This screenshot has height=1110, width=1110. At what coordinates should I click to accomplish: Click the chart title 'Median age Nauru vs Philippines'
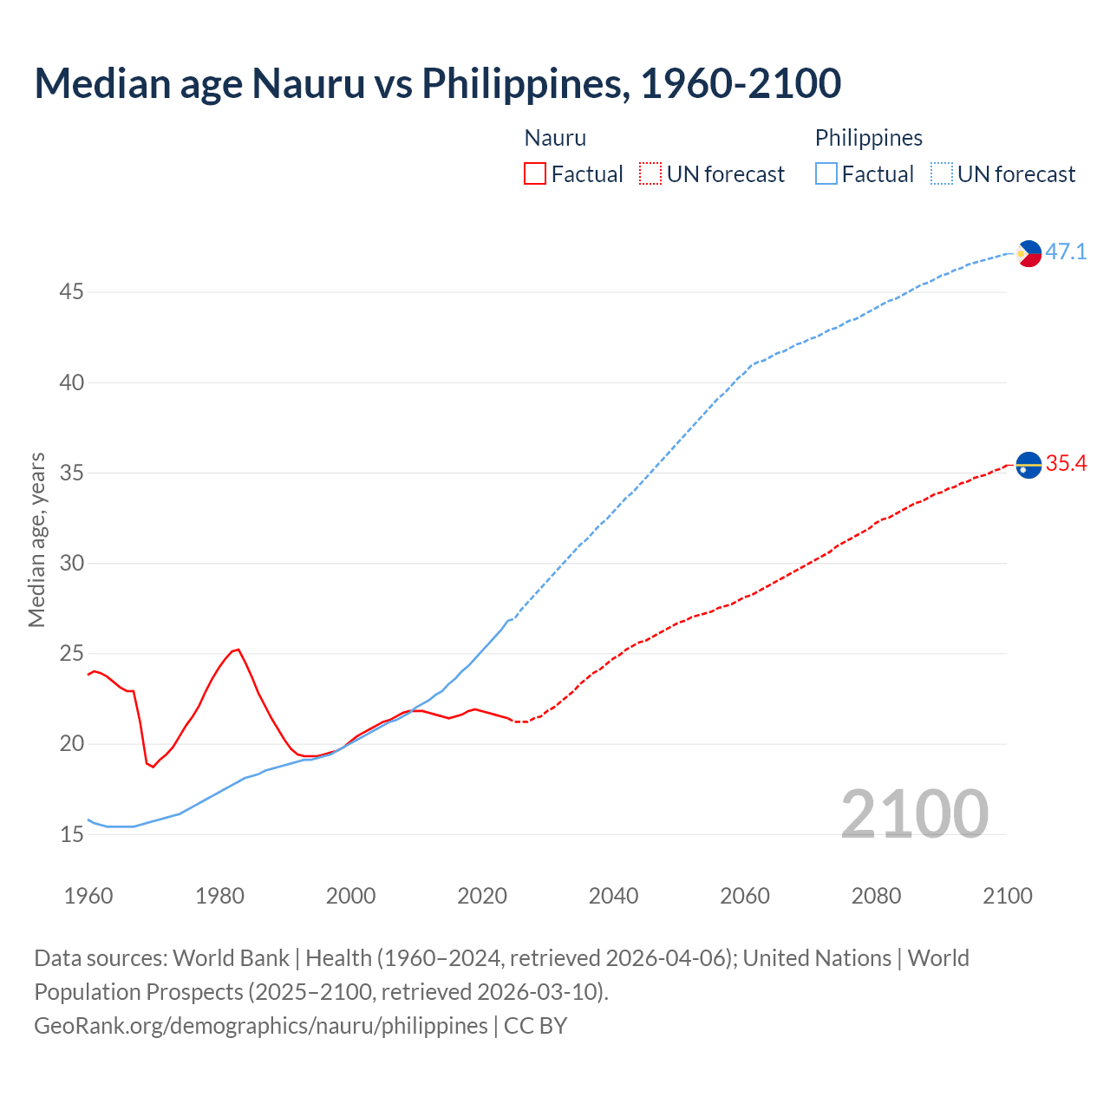[437, 83]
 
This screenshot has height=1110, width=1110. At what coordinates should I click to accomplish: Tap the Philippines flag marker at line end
[1028, 253]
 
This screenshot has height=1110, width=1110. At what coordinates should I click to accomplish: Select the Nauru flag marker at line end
[1028, 465]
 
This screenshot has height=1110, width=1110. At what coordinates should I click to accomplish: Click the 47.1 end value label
[1066, 252]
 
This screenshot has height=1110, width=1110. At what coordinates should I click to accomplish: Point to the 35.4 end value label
[1066, 464]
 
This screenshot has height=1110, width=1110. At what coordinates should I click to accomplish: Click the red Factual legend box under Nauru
[535, 174]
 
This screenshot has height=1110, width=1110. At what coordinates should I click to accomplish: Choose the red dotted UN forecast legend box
[650, 174]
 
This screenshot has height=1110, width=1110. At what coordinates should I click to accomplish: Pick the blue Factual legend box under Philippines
[826, 174]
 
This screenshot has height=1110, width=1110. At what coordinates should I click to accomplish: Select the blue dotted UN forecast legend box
[942, 174]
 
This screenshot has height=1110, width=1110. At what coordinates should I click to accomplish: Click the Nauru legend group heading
[555, 138]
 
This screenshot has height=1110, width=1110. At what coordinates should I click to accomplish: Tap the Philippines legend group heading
[868, 138]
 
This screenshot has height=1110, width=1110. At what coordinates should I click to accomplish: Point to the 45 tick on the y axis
[71, 292]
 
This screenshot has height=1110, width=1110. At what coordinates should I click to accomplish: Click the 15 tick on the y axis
[71, 835]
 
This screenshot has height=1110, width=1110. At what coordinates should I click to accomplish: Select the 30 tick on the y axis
[71, 564]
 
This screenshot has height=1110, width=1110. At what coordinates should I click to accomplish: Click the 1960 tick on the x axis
[88, 896]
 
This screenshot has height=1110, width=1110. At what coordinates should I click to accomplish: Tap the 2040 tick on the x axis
[613, 896]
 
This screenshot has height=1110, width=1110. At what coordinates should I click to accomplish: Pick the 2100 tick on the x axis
[1008, 896]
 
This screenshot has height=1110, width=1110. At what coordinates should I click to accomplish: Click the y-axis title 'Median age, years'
[36, 539]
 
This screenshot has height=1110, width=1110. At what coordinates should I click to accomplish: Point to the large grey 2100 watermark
[914, 813]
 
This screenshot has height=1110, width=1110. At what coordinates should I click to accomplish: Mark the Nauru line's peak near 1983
[238, 649]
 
